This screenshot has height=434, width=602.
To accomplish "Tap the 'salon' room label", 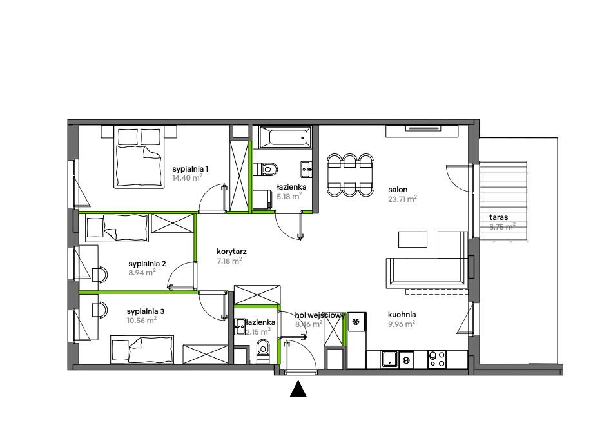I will [398, 190].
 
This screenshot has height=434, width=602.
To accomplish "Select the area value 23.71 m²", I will [402, 199].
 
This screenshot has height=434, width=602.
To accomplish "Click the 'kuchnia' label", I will [401, 315].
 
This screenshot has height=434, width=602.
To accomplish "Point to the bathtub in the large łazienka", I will [284, 137].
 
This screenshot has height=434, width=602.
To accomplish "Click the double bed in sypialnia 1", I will [139, 158].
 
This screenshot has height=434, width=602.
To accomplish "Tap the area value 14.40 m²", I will [186, 178].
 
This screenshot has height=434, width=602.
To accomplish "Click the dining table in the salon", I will [349, 174].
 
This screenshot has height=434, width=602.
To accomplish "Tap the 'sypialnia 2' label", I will [148, 264].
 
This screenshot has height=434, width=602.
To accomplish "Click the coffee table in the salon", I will [413, 239].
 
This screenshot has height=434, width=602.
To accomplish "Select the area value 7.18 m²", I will [229, 261].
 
